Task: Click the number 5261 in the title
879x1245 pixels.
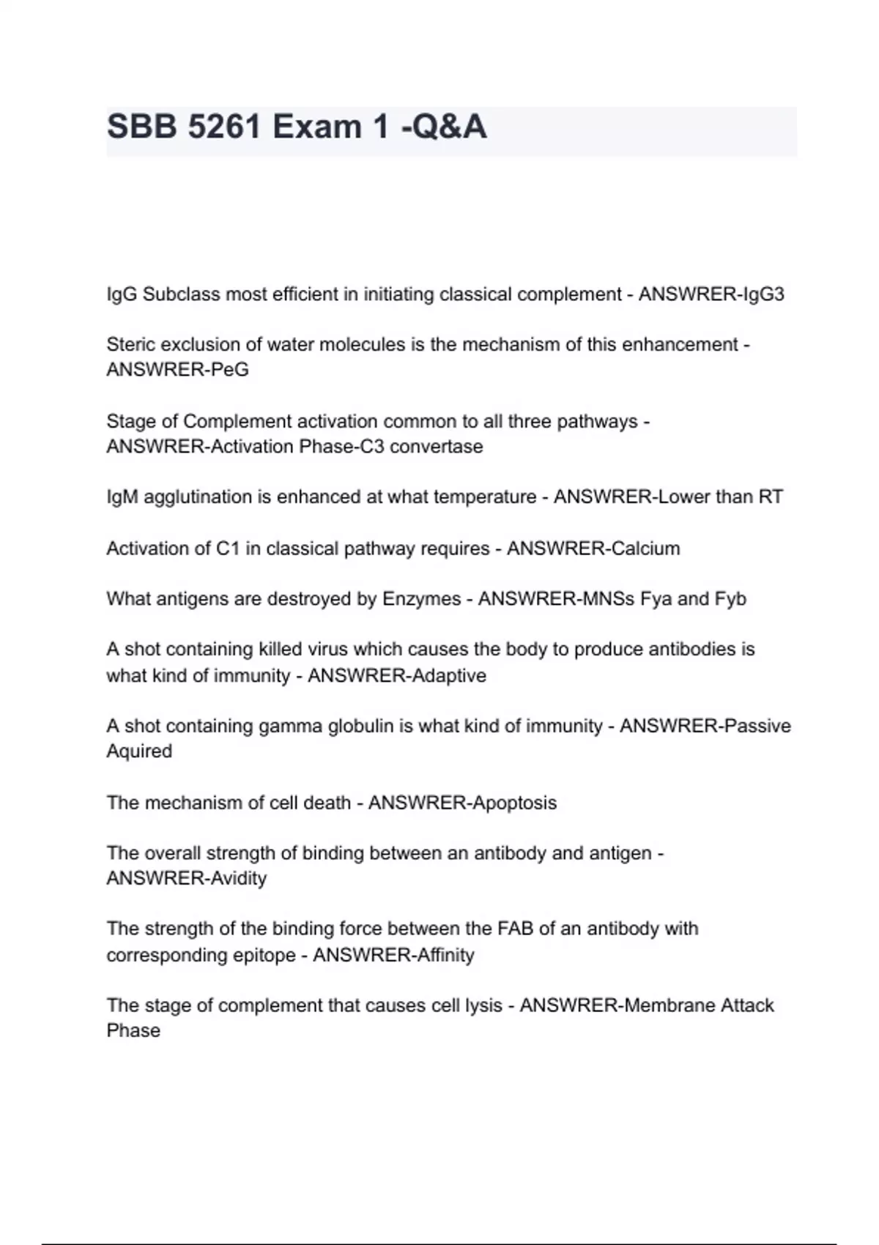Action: [x=224, y=127]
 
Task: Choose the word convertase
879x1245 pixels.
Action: [x=437, y=447]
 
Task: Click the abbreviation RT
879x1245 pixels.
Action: [x=771, y=497]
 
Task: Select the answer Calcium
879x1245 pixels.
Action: [x=645, y=549]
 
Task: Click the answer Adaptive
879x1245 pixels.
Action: [x=449, y=675]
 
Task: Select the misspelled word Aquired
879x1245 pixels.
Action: [x=139, y=751]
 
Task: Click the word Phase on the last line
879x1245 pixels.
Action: [x=133, y=1030]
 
